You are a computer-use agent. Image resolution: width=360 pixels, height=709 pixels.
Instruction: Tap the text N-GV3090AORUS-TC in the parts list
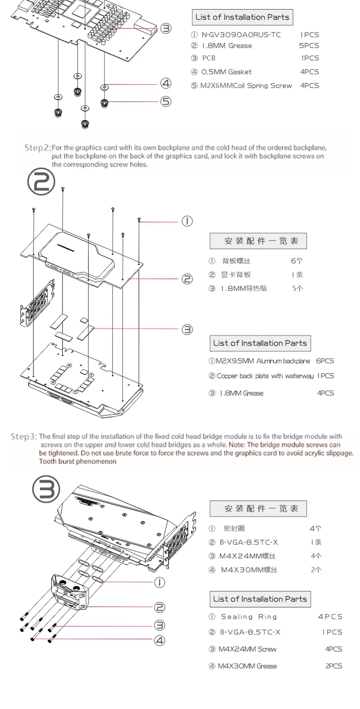click(241, 35)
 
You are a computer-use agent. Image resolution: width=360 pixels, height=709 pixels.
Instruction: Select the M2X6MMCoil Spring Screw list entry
click(246, 85)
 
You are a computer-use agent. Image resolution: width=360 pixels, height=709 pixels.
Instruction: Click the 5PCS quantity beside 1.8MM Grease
click(309, 46)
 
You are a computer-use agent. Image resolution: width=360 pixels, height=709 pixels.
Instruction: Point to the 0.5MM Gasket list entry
click(226, 72)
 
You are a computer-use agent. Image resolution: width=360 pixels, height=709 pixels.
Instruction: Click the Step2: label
click(37, 148)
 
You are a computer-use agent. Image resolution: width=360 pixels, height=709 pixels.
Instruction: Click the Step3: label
click(24, 436)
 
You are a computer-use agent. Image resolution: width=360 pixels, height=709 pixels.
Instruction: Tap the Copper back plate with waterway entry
click(265, 376)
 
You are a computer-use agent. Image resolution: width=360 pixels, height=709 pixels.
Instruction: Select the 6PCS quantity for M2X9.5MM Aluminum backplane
click(325, 361)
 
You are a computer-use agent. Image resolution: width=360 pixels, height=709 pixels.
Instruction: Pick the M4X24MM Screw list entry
click(247, 649)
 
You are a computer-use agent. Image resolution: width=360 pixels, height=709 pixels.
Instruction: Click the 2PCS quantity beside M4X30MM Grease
click(334, 666)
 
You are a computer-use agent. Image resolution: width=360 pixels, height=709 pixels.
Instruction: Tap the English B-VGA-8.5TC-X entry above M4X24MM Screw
click(250, 632)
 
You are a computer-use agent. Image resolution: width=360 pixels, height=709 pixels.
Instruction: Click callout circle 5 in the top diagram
click(166, 102)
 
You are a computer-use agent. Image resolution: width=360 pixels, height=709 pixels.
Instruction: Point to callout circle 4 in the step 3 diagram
click(160, 640)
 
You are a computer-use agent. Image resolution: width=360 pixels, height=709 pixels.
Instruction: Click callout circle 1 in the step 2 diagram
click(187, 221)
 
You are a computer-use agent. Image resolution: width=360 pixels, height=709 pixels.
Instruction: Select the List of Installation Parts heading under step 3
click(260, 599)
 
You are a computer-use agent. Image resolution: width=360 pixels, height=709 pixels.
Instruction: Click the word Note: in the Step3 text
click(237, 445)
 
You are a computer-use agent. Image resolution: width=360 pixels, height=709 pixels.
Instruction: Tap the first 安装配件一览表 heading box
click(258, 241)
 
